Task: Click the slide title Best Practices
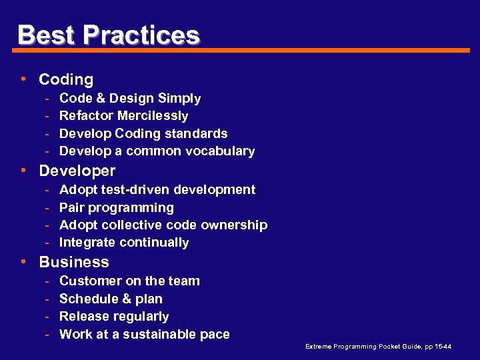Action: (108, 35)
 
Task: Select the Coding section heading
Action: (66, 79)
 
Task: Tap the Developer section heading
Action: (77, 171)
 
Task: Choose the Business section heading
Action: (74, 262)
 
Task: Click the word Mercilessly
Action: (153, 116)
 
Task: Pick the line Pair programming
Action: (117, 207)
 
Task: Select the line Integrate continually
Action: (124, 243)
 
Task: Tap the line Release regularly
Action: (114, 317)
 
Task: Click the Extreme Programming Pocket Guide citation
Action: (378, 347)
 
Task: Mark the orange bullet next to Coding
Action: (24, 79)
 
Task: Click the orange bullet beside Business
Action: (24, 262)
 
